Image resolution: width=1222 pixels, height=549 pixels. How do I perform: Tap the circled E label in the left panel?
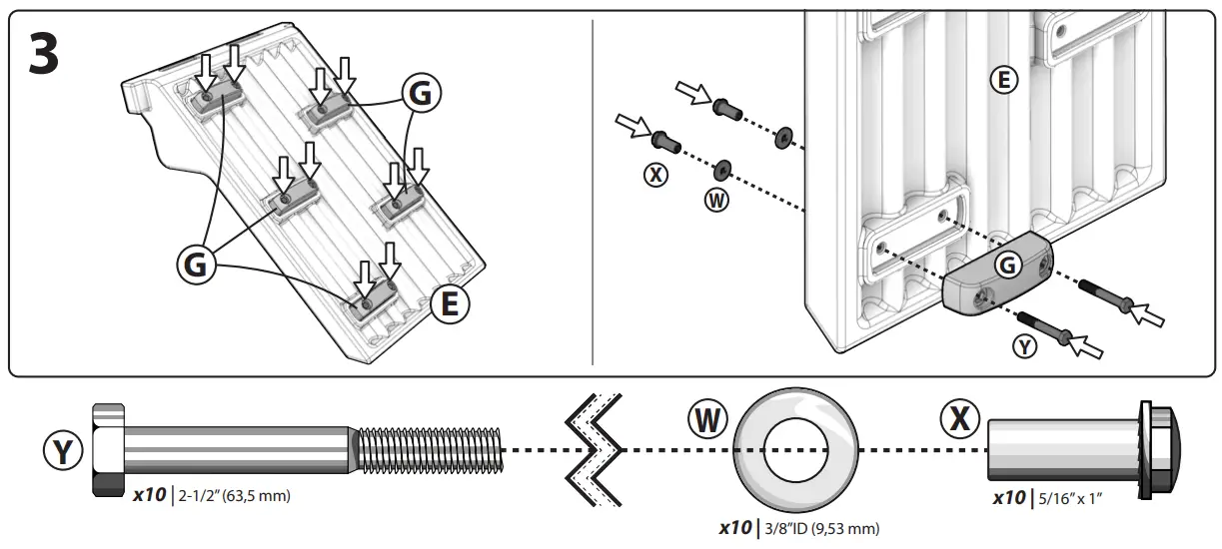(450, 303)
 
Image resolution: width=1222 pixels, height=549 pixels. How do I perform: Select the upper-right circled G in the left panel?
(421, 93)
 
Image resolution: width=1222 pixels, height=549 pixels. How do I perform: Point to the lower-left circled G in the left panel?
(195, 265)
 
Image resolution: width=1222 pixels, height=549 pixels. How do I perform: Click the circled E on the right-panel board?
(1003, 80)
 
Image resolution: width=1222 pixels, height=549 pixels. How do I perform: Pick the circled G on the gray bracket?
(1007, 265)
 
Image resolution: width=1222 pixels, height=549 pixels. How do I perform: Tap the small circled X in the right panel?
(655, 175)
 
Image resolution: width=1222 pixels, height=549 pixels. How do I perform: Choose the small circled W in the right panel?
(716, 200)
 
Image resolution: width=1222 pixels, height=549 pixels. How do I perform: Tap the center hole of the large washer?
(796, 449)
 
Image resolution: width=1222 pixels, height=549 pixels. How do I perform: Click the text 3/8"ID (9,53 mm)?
(821, 528)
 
